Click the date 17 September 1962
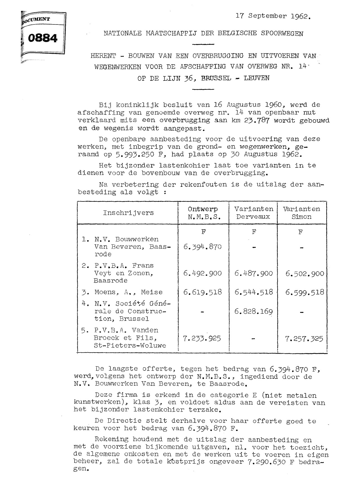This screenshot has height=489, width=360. pyautogui.click(x=273, y=16)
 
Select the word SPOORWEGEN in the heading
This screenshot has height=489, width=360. pyautogui.click(x=282, y=33)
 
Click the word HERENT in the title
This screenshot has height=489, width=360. pyautogui.click(x=103, y=56)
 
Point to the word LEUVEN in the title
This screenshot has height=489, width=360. pyautogui.click(x=256, y=78)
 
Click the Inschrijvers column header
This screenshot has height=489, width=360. pyautogui.click(x=128, y=213)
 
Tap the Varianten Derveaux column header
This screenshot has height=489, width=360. pyautogui.click(x=254, y=213)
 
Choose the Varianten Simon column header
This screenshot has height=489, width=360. pyautogui.click(x=301, y=213)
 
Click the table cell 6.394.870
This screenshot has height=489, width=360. pyautogui.click(x=202, y=247)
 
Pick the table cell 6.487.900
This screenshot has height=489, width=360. pyautogui.click(x=254, y=273)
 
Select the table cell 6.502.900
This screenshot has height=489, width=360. pyautogui.click(x=305, y=273)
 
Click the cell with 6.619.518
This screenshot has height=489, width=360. pyautogui.click(x=202, y=292)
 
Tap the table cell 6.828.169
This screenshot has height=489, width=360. pyautogui.click(x=254, y=311)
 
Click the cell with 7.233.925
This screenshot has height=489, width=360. pyautogui.click(x=202, y=338)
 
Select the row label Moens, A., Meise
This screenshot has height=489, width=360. pyautogui.click(x=124, y=292)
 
